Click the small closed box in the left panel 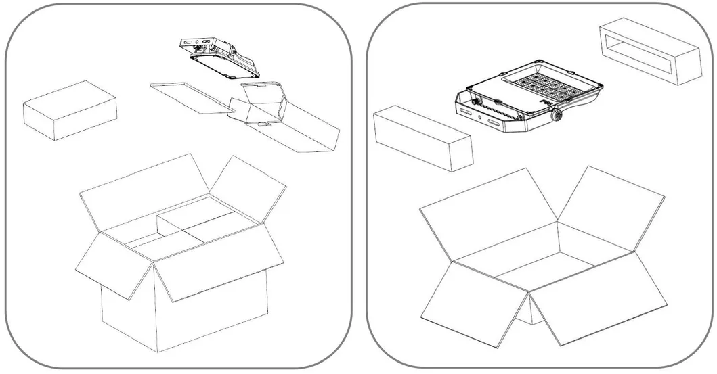[70, 110]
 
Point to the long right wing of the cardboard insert [308, 132]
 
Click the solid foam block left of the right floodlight [422, 136]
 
